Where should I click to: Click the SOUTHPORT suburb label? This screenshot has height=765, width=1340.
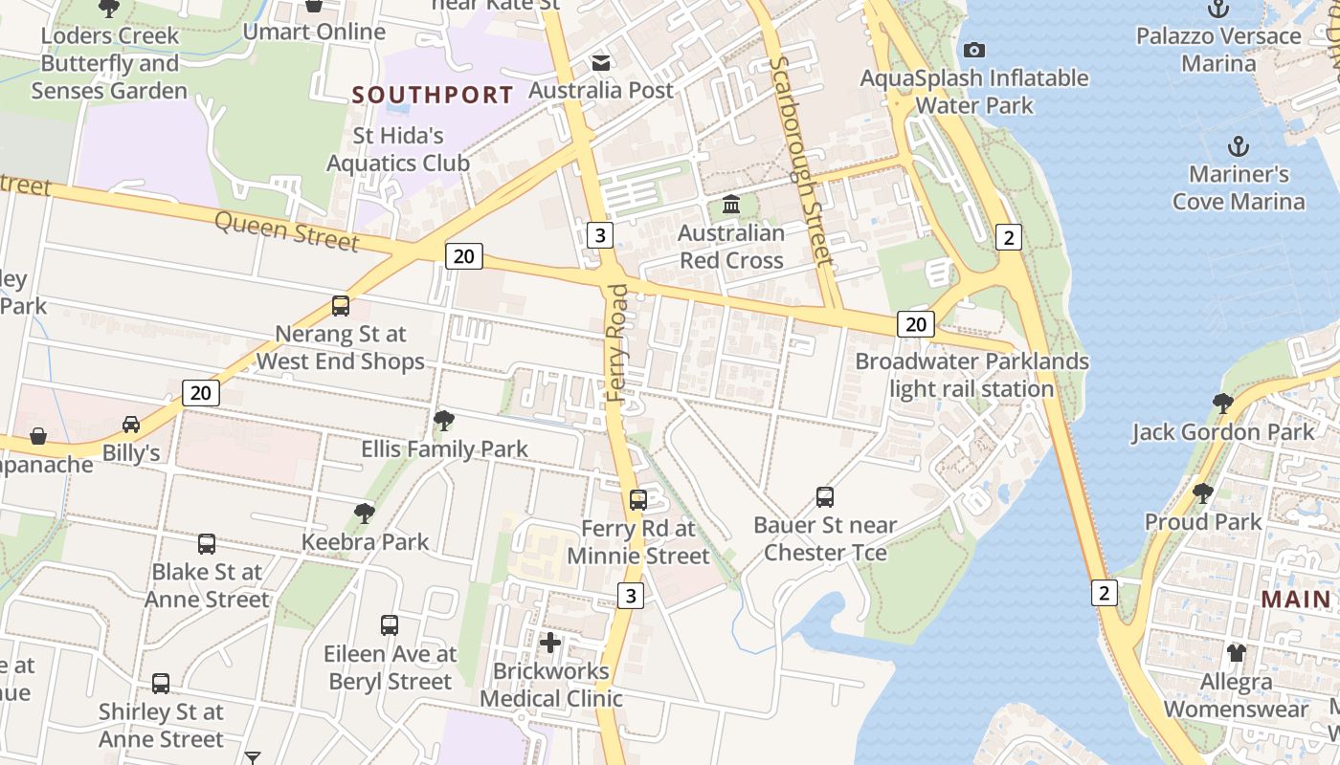[x=433, y=95]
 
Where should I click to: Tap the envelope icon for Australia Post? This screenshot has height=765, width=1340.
[x=601, y=63]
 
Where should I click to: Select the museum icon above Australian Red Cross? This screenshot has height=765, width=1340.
[x=732, y=205]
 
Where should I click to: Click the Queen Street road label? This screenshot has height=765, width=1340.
[x=286, y=230]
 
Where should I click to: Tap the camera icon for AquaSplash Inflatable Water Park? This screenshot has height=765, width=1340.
[x=974, y=50]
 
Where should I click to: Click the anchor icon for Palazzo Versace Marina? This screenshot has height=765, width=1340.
[x=1218, y=10]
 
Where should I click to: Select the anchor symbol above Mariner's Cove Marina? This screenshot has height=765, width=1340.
[x=1239, y=147]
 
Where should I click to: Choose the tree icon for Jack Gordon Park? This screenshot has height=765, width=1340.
[x=1222, y=404]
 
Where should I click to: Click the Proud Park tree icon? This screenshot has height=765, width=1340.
[x=1203, y=493]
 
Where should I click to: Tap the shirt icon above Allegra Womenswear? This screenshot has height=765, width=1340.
[x=1237, y=653]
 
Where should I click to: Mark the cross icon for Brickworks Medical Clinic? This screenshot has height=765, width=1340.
[x=550, y=642]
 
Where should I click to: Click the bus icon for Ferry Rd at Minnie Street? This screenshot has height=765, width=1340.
[x=638, y=499]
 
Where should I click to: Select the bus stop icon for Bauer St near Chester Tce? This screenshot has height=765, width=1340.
[x=825, y=496]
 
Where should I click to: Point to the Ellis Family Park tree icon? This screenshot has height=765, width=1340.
[x=443, y=420]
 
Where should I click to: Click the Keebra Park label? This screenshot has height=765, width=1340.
[x=366, y=542]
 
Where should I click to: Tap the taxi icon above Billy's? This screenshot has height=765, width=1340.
[x=131, y=424]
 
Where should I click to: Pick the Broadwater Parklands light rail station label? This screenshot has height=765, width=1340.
[x=971, y=375]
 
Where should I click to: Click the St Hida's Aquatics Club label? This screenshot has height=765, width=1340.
[x=398, y=149]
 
